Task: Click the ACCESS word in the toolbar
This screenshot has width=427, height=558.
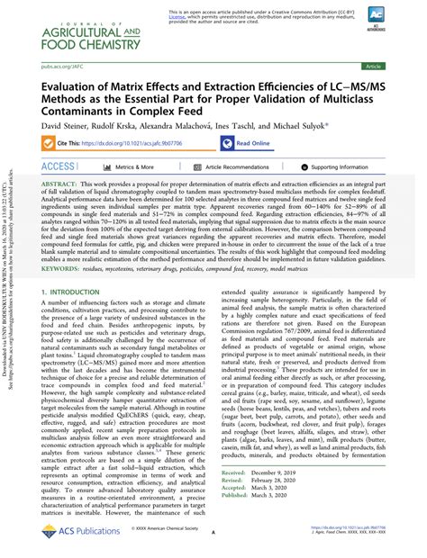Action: click(x=59, y=166)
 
